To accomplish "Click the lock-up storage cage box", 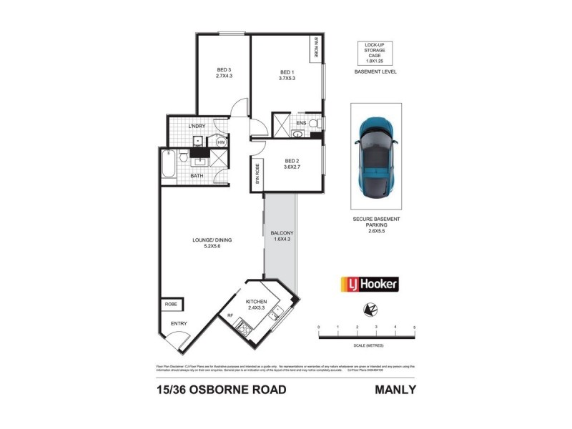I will click(x=375, y=51).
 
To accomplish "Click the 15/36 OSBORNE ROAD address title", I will click(x=220, y=390).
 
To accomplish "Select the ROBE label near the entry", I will click(x=171, y=304).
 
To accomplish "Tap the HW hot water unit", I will click(x=221, y=142).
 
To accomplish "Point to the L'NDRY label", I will click(x=197, y=127).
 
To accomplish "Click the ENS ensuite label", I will click(x=300, y=122).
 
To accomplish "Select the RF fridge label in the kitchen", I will click(x=230, y=315).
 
